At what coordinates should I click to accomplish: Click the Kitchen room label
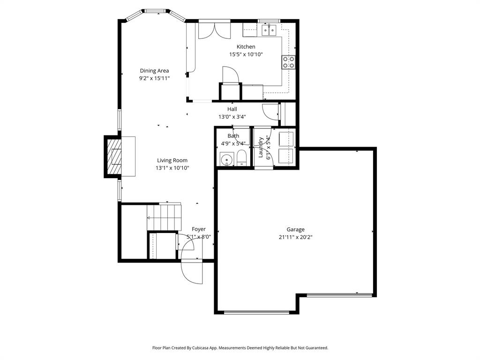click(x=246, y=46)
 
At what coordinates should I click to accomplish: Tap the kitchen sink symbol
click(x=269, y=31)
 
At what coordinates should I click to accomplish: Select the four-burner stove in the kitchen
click(x=288, y=62)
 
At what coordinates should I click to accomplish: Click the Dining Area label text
click(x=154, y=71)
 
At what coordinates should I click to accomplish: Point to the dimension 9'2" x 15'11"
click(x=154, y=79)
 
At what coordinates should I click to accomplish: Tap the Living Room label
click(x=172, y=160)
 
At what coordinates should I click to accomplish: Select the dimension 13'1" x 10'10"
click(x=172, y=168)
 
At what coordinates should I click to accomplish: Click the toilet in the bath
click(x=241, y=158)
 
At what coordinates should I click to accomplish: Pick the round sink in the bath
click(x=227, y=159)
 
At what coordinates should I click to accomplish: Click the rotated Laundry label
click(x=261, y=147)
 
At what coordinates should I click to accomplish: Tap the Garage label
click(x=295, y=229)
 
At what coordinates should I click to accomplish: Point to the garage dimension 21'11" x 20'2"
click(x=295, y=237)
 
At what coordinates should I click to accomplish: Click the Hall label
click(x=232, y=109)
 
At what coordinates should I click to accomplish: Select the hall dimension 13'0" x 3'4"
click(x=232, y=117)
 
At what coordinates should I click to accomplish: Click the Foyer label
click(x=198, y=229)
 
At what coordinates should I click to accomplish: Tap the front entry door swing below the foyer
click(x=192, y=272)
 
